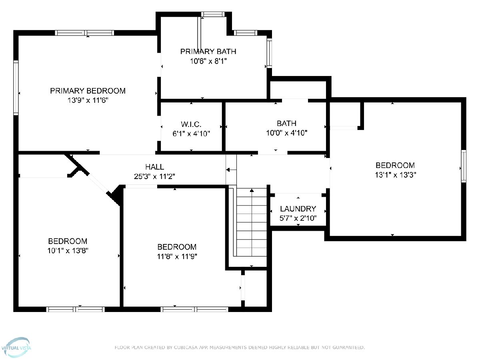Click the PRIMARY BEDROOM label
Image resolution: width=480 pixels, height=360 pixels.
pyautogui.click(x=88, y=91)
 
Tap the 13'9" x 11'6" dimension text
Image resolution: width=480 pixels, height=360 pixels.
pyautogui.click(x=88, y=100)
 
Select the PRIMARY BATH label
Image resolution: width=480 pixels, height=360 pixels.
pyautogui.click(x=208, y=52)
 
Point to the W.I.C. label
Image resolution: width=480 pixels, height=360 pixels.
pyautogui.click(x=191, y=124)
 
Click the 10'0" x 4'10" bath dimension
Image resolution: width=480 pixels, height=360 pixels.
pyautogui.click(x=286, y=133)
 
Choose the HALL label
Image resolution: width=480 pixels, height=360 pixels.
pyautogui.click(x=155, y=167)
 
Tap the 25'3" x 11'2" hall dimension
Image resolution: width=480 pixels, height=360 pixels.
pyautogui.click(x=154, y=176)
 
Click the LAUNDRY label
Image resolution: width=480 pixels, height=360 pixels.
pyautogui.click(x=298, y=209)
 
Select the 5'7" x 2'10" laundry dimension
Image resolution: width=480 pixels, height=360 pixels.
pyautogui.click(x=298, y=218)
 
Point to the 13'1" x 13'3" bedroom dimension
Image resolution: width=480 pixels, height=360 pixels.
pyautogui.click(x=395, y=175)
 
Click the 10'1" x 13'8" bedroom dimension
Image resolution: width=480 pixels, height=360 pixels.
pyautogui.click(x=68, y=250)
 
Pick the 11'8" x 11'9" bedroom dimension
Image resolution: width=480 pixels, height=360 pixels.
pyautogui.click(x=177, y=256)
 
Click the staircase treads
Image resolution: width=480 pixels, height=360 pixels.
pyautogui.click(x=252, y=222)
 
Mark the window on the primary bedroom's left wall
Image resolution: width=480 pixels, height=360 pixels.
pyautogui.click(x=16, y=88)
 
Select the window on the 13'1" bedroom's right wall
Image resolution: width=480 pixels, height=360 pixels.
pyautogui.click(x=464, y=166)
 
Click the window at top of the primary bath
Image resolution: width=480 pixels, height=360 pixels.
pyautogui.click(x=213, y=14)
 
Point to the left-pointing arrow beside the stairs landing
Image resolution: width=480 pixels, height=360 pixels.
pyautogui.click(x=231, y=170)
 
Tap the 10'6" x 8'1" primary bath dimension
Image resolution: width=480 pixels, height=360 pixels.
pyautogui.click(x=208, y=61)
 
